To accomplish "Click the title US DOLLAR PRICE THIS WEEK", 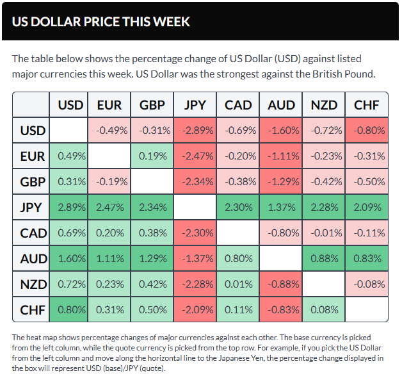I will tap(101, 21).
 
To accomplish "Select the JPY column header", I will tap(195, 105).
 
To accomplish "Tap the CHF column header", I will tap(367, 105).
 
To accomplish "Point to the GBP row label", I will tap(33, 181).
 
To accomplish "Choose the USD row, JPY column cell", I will tap(195, 131).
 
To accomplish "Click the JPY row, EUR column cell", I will tap(109, 207).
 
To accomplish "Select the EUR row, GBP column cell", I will tap(152, 156).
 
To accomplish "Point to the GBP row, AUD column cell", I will tap(281, 181).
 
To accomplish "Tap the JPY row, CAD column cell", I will tap(238, 207).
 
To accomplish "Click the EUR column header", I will tap(109, 105).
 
